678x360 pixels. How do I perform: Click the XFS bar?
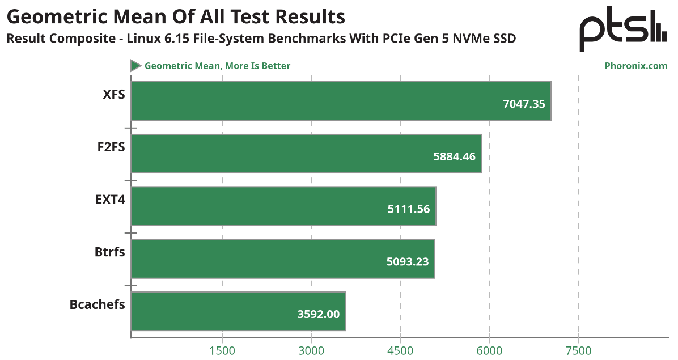click(x=340, y=101)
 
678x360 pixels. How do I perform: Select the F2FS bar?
click(x=306, y=154)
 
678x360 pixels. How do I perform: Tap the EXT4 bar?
click(x=283, y=206)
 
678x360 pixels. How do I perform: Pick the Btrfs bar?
click(x=283, y=259)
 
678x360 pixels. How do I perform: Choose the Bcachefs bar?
click(x=238, y=311)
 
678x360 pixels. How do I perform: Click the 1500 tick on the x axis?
click(x=222, y=350)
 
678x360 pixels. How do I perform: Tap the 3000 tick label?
click(x=311, y=350)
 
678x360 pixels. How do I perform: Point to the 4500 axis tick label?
click(x=400, y=350)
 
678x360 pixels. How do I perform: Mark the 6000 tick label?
click(x=490, y=350)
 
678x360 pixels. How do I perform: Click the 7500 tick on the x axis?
click(x=579, y=350)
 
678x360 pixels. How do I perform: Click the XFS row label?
click(x=113, y=94)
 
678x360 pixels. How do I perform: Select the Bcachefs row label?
click(x=97, y=304)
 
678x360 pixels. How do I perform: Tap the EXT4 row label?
click(x=110, y=200)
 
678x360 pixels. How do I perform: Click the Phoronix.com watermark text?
click(x=636, y=66)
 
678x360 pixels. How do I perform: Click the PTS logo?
click(x=622, y=32)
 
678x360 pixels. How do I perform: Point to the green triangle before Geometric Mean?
click(x=135, y=66)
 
